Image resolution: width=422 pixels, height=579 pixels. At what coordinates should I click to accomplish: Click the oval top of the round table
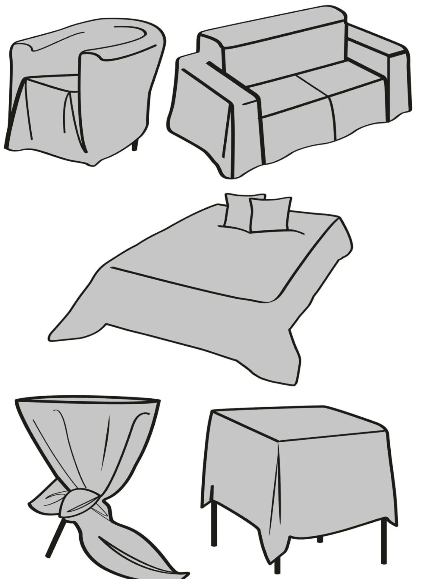point(87,402)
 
